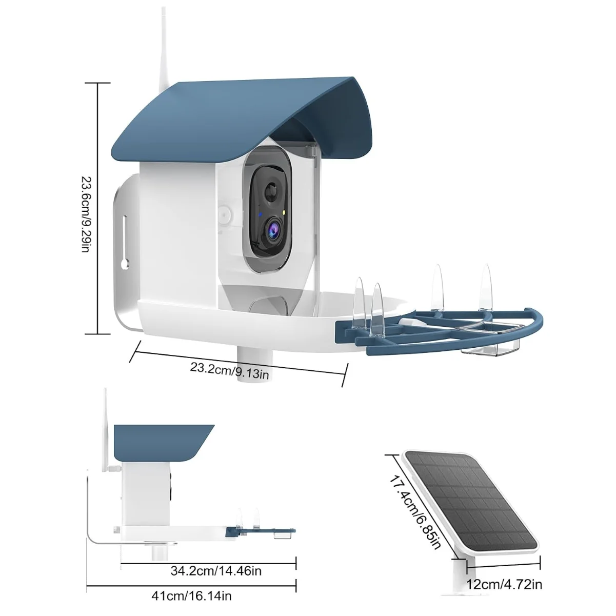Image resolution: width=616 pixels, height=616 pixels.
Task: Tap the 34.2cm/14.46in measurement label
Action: tap(216, 570)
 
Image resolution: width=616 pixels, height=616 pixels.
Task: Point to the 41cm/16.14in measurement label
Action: tap(191, 596)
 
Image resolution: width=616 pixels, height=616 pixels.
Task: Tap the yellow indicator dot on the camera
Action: tap(284, 212)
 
